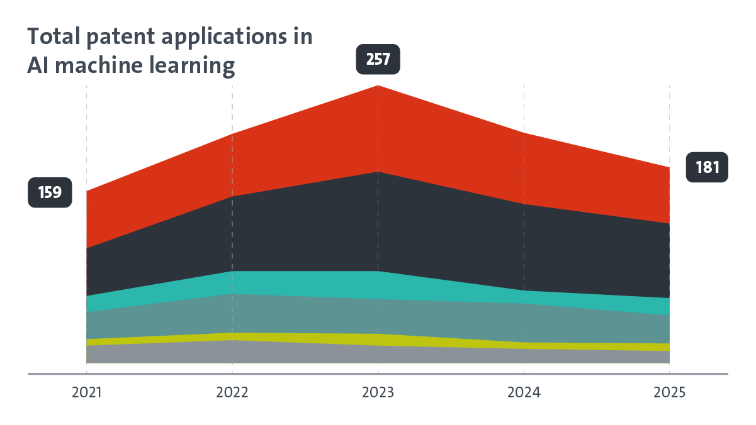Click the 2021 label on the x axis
(86, 393)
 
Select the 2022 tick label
(232, 393)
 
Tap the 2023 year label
(378, 393)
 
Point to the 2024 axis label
(524, 393)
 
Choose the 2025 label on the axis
(669, 393)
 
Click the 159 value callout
(50, 192)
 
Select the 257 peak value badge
(378, 59)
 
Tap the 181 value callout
(706, 167)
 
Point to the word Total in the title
(54, 37)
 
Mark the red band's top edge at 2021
(87, 191)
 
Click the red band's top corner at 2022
(232, 134)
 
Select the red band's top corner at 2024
(524, 133)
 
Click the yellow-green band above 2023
(378, 339)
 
